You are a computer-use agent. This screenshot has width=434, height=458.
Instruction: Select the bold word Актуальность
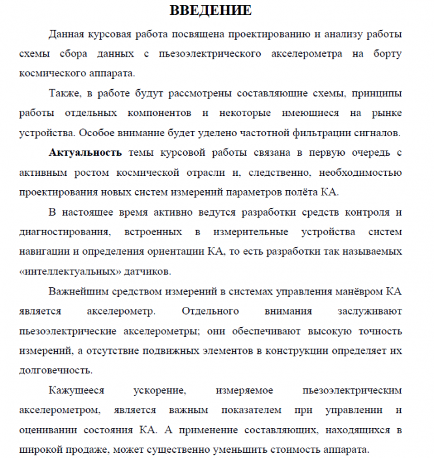coord(85,152)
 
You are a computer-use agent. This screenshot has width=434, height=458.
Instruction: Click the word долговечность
coord(70,371)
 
